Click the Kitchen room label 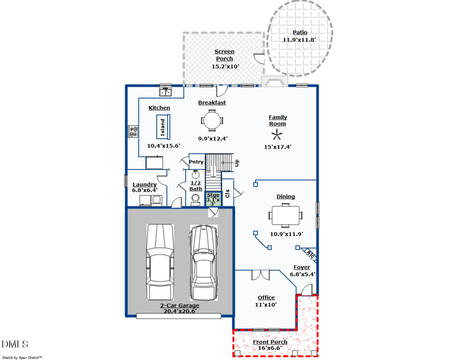(x=159, y=108)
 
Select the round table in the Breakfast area (x=212, y=120)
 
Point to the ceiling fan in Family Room (x=277, y=135)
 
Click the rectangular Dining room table (x=286, y=215)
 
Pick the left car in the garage (x=160, y=262)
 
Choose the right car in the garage (x=203, y=263)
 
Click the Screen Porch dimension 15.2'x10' (x=225, y=66)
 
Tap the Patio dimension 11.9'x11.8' (x=299, y=39)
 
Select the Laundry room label (x=144, y=185)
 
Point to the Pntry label (x=196, y=162)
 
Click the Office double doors (x=260, y=275)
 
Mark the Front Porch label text (x=269, y=342)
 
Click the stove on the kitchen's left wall (x=134, y=131)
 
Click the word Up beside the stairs (x=237, y=163)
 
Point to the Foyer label (x=302, y=267)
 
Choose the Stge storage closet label (x=213, y=195)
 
